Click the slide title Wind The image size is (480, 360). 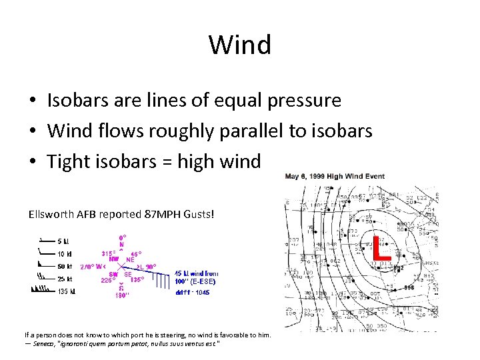240,45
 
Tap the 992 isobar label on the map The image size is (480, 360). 398,268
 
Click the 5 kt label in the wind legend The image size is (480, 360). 63,241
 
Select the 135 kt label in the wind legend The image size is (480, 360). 66,291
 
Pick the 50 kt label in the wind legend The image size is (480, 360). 64,266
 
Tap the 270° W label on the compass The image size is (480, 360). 93,267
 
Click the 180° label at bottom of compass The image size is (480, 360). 123,295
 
